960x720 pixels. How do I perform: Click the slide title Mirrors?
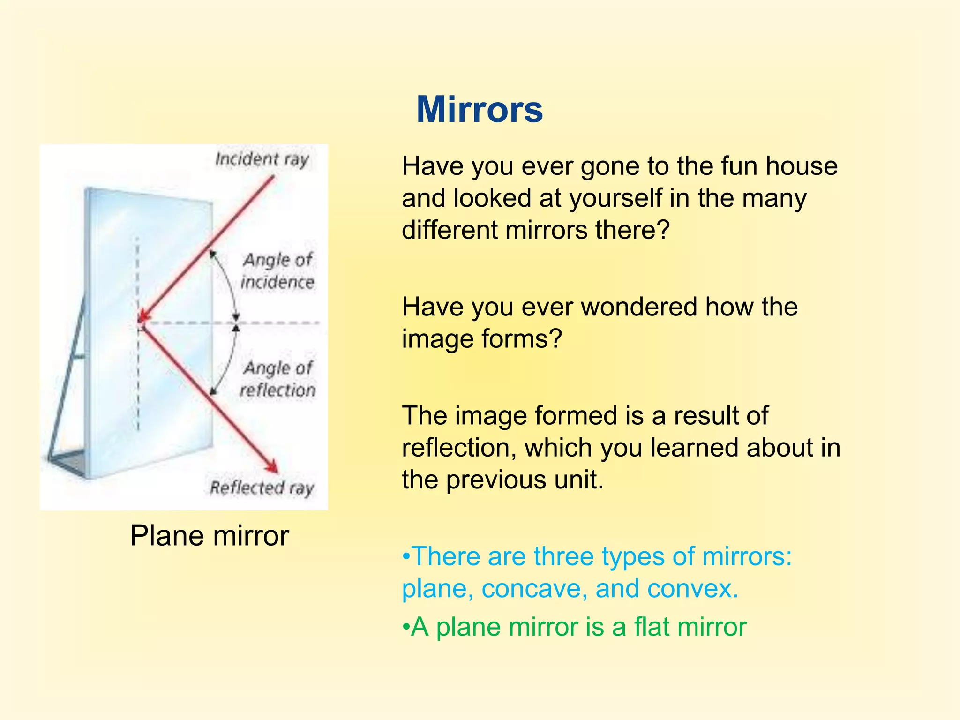[x=480, y=110]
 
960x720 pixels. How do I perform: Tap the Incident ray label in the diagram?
[x=262, y=159]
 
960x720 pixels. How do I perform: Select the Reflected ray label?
[x=262, y=488]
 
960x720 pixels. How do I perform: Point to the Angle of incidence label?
[x=277, y=271]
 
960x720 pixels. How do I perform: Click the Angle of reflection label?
[x=277, y=379]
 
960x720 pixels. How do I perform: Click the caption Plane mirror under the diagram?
[x=209, y=535]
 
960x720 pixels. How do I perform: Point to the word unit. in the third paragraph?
[x=578, y=480]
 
